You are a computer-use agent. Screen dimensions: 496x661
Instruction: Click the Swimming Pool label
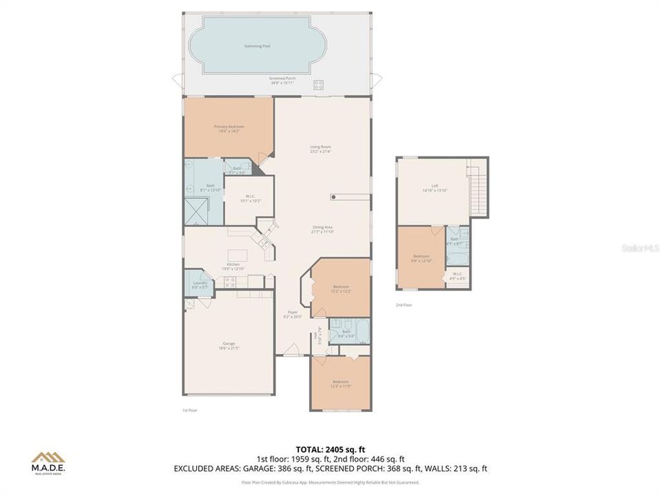(x=258, y=46)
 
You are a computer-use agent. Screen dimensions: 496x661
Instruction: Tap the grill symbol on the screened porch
(x=319, y=85)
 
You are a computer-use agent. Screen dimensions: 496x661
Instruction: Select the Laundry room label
(x=200, y=284)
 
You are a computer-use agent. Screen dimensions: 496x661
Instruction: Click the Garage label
(x=229, y=345)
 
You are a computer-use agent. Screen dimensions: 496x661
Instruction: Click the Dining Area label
(x=323, y=229)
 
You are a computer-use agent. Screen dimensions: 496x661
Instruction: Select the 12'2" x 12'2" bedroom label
(x=342, y=289)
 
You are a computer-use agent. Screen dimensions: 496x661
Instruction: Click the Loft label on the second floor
(x=434, y=186)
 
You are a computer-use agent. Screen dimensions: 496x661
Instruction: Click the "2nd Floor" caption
(x=403, y=304)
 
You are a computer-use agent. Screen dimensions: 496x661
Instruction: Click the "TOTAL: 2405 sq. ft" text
(x=330, y=448)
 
